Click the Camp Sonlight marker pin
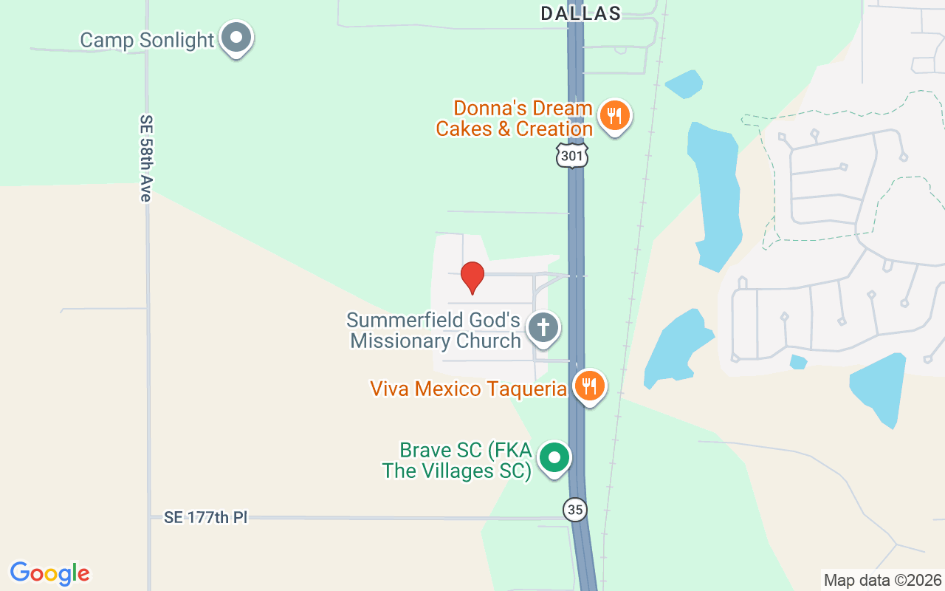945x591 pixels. [237, 37]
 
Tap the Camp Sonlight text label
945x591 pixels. [147, 40]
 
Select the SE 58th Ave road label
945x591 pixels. [145, 157]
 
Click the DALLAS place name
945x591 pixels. [581, 13]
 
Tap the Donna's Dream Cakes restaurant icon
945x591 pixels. [614, 116]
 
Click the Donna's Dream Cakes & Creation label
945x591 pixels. [515, 119]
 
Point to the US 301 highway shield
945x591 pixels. [572, 155]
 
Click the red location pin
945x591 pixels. [472, 277]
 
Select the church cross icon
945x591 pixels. [543, 327]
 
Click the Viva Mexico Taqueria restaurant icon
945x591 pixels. [589, 386]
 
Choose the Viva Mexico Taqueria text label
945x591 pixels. [468, 389]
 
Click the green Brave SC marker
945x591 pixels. [554, 457]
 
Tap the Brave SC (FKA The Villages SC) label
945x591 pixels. [457, 460]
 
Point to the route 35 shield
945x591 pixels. [575, 510]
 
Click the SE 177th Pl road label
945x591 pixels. [206, 518]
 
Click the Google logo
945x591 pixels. [49, 573]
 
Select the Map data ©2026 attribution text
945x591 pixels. [882, 580]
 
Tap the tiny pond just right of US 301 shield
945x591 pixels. [684, 83]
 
